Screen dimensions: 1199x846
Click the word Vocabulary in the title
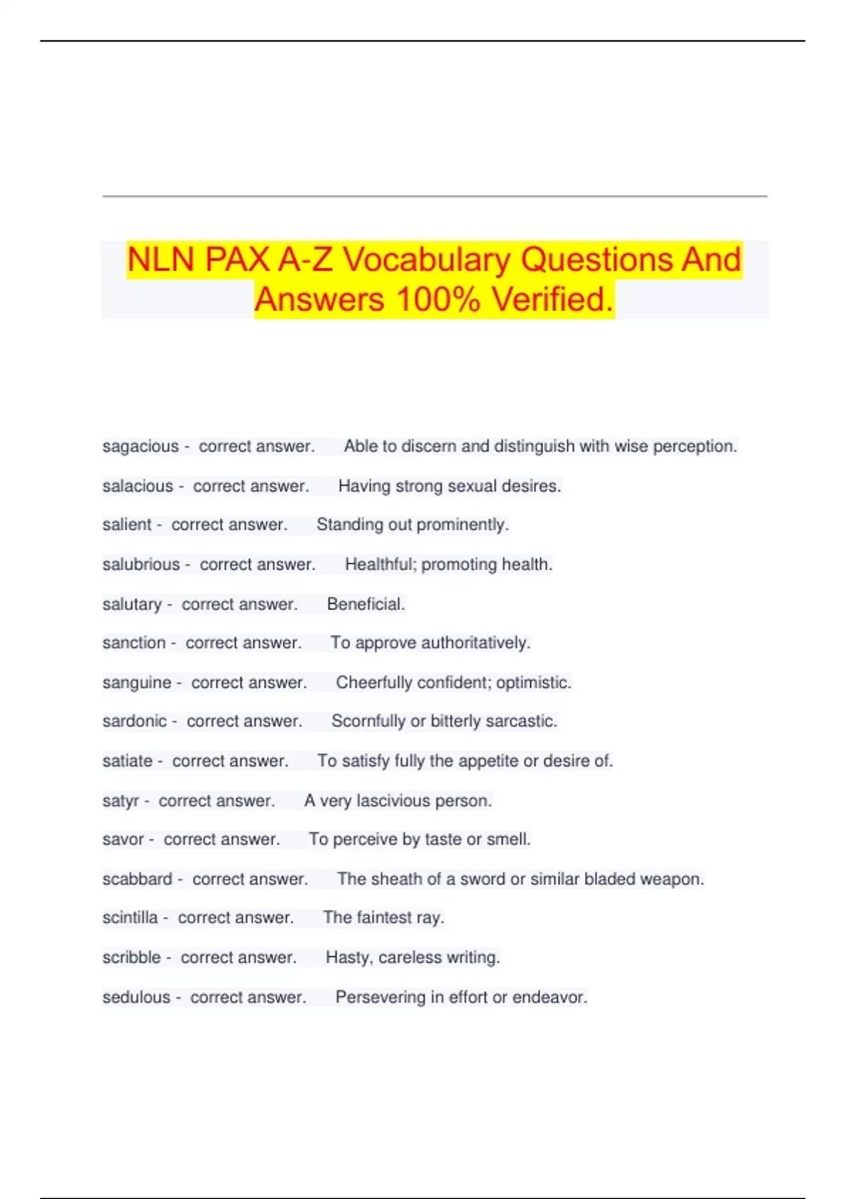[427, 260]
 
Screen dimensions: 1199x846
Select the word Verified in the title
[552, 299]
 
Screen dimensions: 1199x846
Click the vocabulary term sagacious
[140, 446]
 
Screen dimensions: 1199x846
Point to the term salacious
[137, 486]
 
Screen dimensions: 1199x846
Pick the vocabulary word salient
[127, 525]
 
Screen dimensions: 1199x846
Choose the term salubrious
[141, 564]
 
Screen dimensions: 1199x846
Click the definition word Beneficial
[366, 604]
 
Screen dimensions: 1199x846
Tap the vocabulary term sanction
[134, 643]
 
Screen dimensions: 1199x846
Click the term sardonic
[135, 721]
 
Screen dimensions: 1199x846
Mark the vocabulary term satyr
[121, 801]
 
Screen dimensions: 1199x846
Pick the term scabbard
[137, 879]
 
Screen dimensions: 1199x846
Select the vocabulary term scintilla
[130, 918]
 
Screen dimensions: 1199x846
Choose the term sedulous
[136, 997]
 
